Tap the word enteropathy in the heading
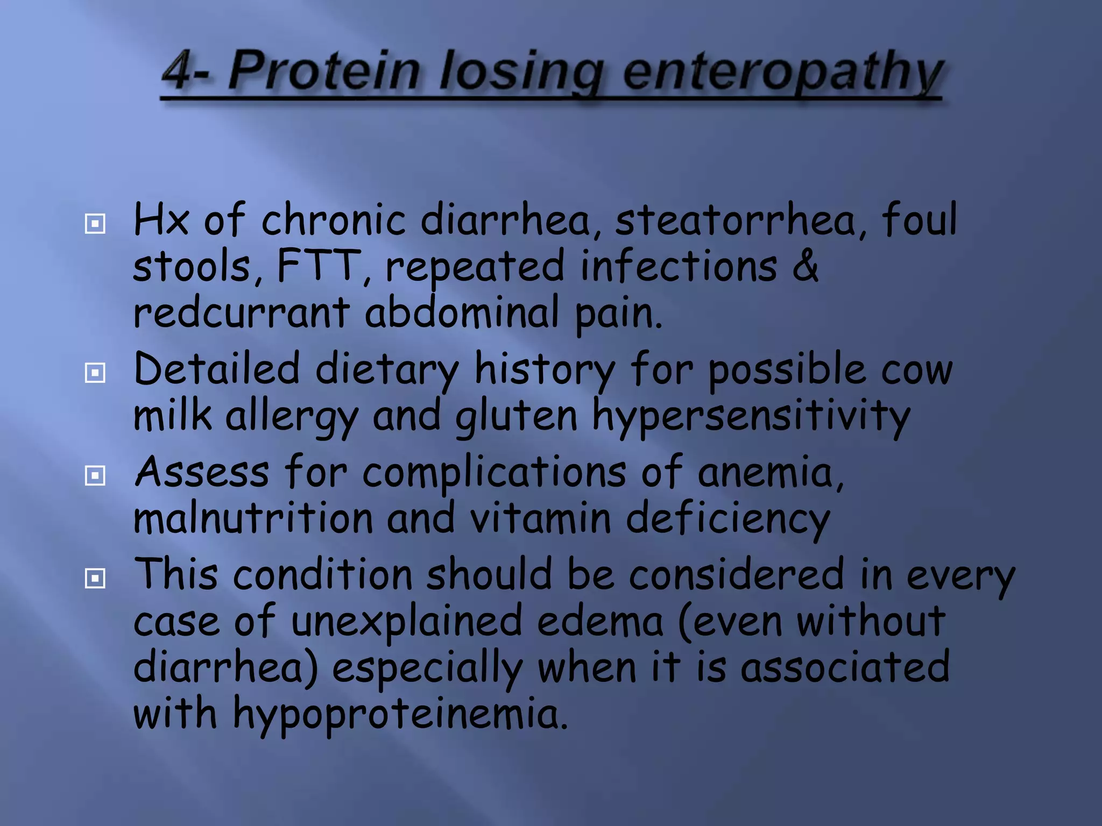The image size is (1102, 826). [783, 72]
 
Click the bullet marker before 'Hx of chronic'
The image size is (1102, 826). [95, 223]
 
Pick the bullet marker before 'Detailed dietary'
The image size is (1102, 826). [95, 372]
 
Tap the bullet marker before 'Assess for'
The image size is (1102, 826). [95, 475]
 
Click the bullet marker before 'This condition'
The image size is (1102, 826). [95, 579]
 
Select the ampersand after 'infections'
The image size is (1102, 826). [805, 266]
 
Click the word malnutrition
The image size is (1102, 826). [253, 519]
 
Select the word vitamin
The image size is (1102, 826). [540, 519]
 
